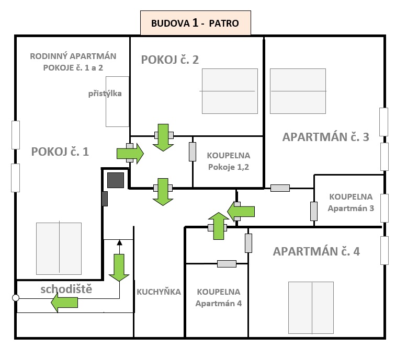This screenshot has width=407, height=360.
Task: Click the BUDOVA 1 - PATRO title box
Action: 195,24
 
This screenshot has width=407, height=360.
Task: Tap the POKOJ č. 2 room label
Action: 170,60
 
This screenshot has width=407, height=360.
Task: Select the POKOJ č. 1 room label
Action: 60,152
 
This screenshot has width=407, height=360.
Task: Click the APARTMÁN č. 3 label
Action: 326,137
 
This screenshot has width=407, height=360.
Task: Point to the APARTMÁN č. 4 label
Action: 316,251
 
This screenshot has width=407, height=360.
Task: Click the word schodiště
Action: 66,289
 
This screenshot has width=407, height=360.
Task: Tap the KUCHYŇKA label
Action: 159,292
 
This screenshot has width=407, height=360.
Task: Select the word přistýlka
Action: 105,94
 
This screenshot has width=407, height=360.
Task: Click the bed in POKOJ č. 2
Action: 230,91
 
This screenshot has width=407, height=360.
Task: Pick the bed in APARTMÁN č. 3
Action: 298,91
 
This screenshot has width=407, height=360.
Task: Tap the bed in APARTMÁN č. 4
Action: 311,308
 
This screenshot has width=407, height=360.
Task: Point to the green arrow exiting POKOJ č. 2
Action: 163,137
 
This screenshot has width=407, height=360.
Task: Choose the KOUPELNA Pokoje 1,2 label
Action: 228,161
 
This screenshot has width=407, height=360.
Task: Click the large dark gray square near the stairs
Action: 115,180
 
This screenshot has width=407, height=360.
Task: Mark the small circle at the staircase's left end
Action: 16,298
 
